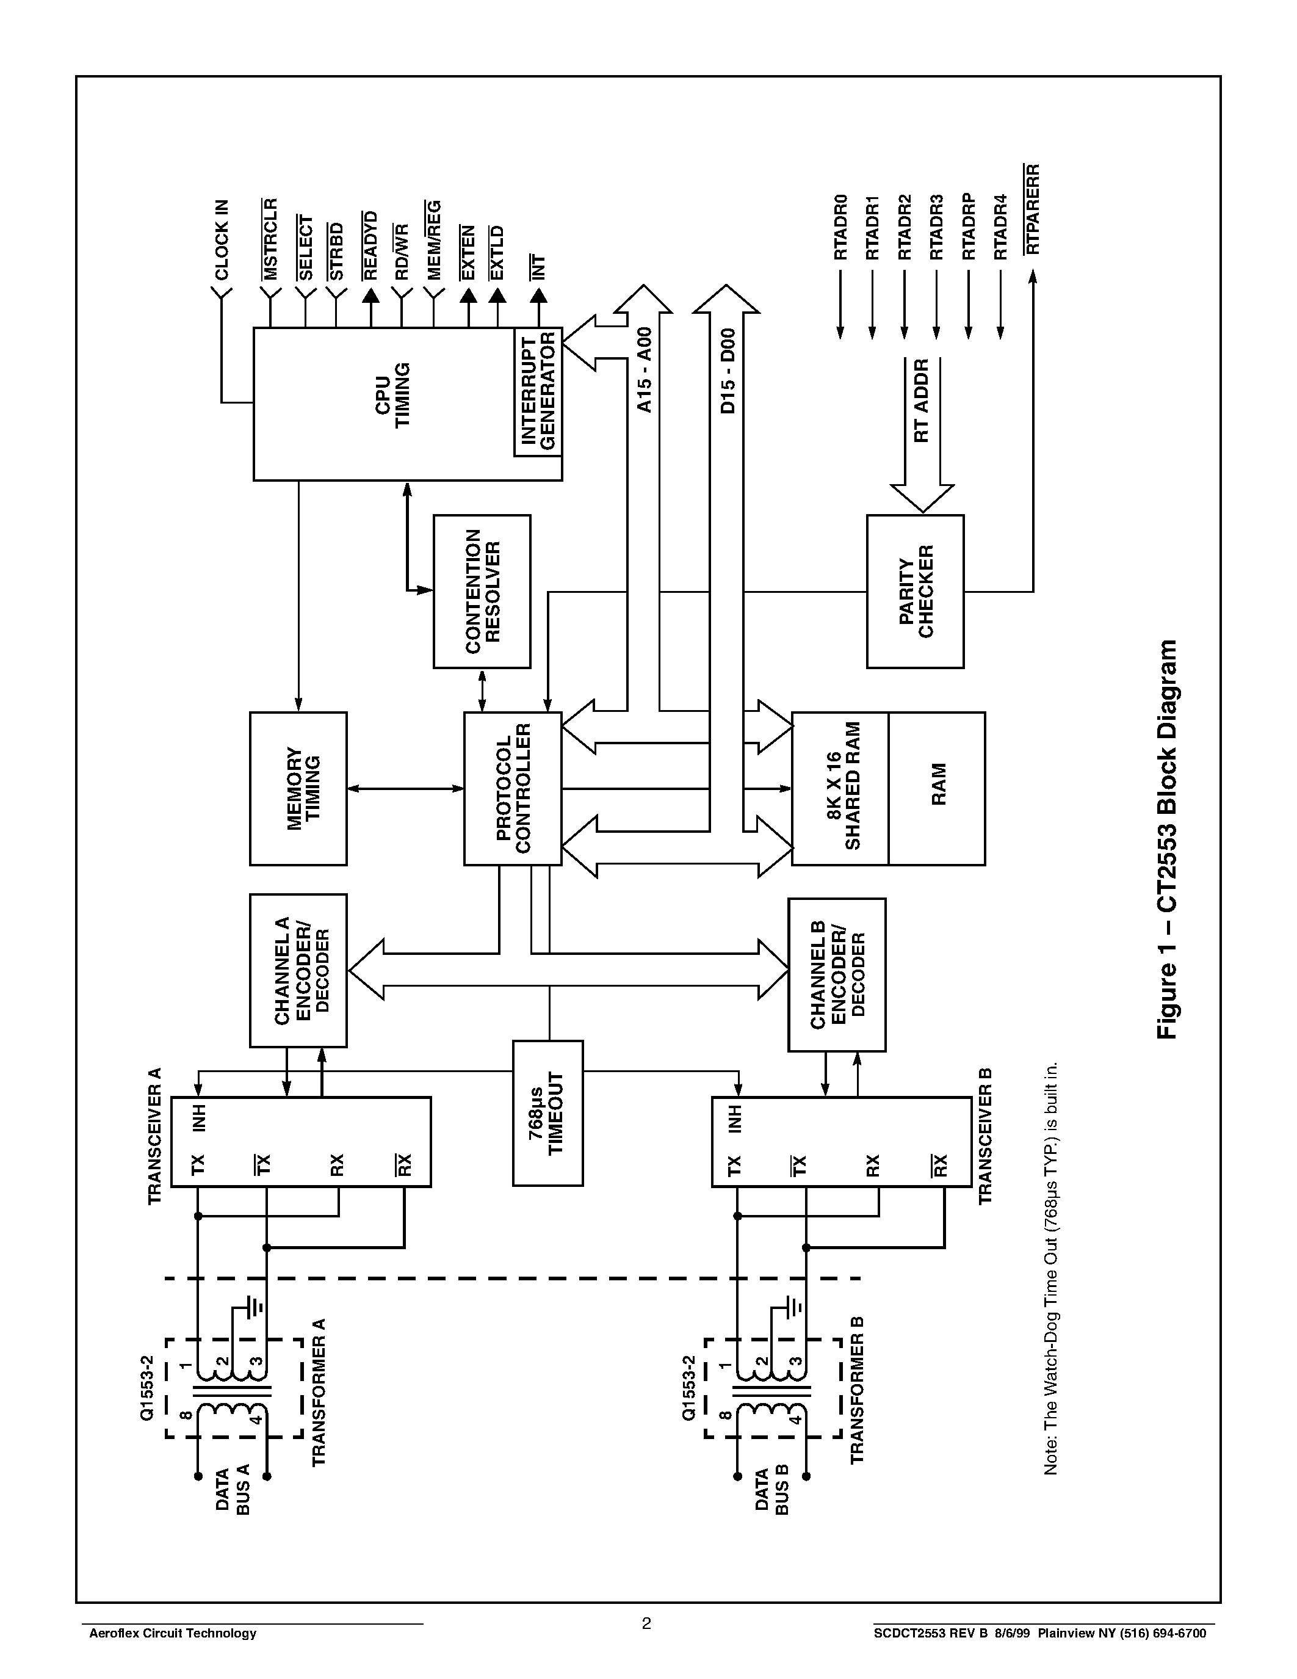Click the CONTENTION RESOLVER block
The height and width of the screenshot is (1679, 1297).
[482, 591]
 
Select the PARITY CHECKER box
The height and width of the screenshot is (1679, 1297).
[915, 591]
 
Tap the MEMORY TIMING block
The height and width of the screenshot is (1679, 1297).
[298, 788]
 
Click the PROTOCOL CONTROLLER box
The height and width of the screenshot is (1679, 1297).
[513, 788]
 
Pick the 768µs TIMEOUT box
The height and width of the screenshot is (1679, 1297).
[547, 1112]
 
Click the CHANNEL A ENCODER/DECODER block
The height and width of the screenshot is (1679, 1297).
[298, 970]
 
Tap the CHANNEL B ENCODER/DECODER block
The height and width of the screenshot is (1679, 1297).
[837, 974]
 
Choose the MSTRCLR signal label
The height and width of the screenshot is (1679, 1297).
[270, 239]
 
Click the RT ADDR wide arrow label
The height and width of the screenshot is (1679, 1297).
[922, 400]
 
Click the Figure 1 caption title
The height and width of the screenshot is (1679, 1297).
[1166, 839]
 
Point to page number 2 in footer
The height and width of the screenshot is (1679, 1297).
[646, 1623]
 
